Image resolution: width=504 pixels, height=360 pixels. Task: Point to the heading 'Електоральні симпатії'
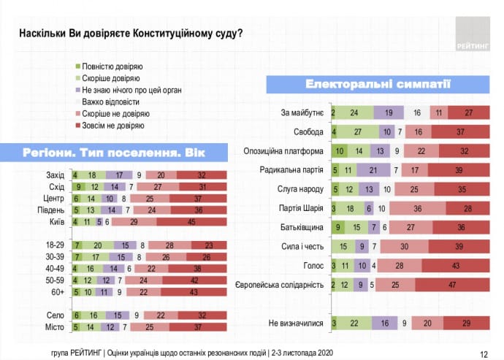tap(377, 85)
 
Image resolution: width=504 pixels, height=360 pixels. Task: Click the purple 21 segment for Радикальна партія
tap(373, 169)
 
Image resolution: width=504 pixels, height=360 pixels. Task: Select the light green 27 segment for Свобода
tap(357, 132)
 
